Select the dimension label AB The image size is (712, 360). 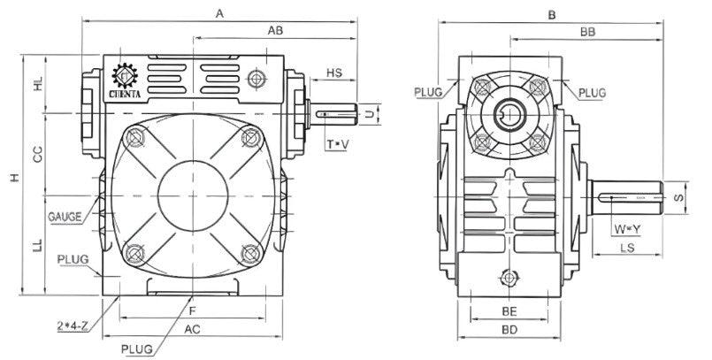[274, 31]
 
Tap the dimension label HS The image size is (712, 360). [335, 73]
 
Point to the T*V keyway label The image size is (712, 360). [337, 143]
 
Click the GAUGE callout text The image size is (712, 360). [65, 215]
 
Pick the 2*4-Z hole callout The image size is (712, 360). [71, 326]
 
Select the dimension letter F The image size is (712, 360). [192, 310]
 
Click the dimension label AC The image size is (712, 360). [192, 329]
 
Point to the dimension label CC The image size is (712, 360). [38, 154]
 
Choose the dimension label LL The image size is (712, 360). [38, 246]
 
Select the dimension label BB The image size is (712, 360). [586, 31]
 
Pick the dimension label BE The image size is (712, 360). [509, 312]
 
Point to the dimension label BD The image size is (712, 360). [509, 330]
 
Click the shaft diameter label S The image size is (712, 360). [679, 197]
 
